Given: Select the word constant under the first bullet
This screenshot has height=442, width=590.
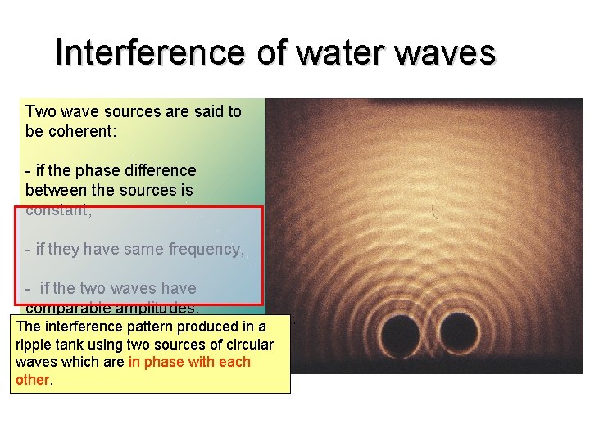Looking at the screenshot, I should pos(57,210).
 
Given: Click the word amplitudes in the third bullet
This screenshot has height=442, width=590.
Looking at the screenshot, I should pos(164,309).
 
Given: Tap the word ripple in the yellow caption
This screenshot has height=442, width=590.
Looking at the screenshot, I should pos(35,345).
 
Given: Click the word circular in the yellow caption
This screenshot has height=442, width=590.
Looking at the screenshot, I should pos(247,345).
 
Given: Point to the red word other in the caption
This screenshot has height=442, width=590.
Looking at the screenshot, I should pos(32,380).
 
